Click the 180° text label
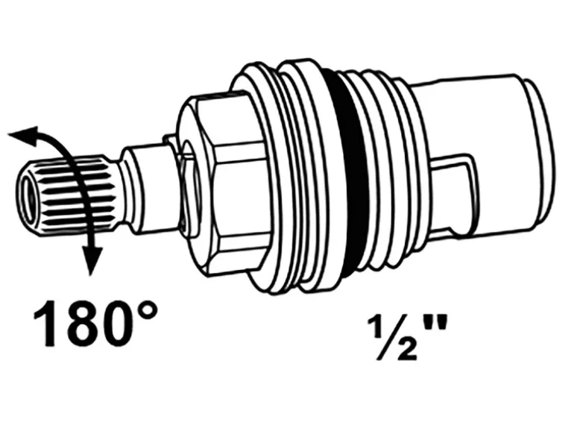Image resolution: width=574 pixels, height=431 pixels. coord(97,323)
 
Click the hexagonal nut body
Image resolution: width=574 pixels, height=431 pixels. coord(224,183)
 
